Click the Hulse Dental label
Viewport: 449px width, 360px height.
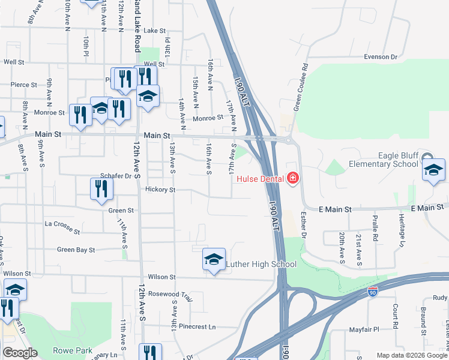262,178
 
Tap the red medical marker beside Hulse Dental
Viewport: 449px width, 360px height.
292,178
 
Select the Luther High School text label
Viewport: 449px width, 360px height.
261,264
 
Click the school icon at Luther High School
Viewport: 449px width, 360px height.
214,259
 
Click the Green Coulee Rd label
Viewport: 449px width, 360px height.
300,87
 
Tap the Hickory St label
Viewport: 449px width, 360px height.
160,190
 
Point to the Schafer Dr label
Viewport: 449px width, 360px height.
115,176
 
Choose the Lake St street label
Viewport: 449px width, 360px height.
154,31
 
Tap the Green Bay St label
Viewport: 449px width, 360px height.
76,250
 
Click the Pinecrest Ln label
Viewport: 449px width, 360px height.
196,327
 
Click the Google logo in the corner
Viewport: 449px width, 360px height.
20,353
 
